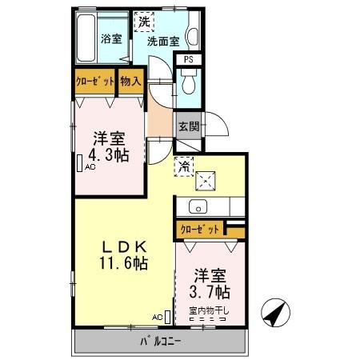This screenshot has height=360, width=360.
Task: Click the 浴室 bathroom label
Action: pos(110,38)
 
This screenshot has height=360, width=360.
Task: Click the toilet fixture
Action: pos(189,81)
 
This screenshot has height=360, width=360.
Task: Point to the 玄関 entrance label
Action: pos(189,126)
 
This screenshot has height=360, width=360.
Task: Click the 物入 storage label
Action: pos(131,81)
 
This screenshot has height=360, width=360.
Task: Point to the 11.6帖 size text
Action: pos(122,263)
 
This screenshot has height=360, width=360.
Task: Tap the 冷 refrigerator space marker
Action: pos(184,166)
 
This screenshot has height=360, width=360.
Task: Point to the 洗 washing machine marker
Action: pos(144,22)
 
